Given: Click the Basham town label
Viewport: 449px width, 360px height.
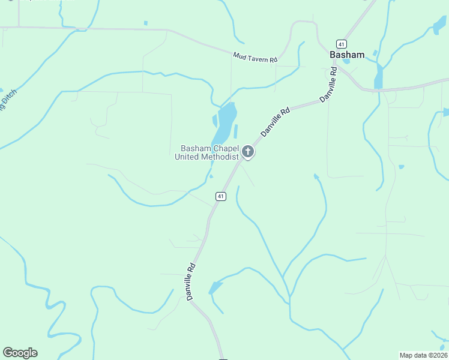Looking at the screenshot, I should pos(347,55).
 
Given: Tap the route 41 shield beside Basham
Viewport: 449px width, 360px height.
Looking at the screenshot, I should pos(341,44).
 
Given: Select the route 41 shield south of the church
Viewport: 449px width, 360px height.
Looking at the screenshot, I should pos(221,196).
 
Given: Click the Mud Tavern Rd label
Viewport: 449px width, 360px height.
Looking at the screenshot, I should pos(255,58).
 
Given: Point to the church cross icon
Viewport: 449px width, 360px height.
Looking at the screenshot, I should pos(247,152).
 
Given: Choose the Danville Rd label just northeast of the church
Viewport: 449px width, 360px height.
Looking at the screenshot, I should pos(276,121).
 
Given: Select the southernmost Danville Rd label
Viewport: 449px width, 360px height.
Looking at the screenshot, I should pos(191,281).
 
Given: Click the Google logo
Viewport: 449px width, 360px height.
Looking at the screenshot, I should pos(20,353).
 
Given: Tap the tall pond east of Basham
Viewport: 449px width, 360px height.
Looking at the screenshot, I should pos(379,76).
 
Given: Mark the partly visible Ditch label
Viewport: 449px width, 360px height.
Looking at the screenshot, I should pos(7,101).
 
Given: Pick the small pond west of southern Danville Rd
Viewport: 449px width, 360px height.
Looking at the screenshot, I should pos(215,287).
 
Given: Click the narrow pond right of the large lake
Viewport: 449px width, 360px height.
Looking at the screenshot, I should pos(235,131).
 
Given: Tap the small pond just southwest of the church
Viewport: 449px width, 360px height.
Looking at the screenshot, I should pos(210,176).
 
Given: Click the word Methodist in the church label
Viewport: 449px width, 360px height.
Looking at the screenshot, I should pos(221,157).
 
